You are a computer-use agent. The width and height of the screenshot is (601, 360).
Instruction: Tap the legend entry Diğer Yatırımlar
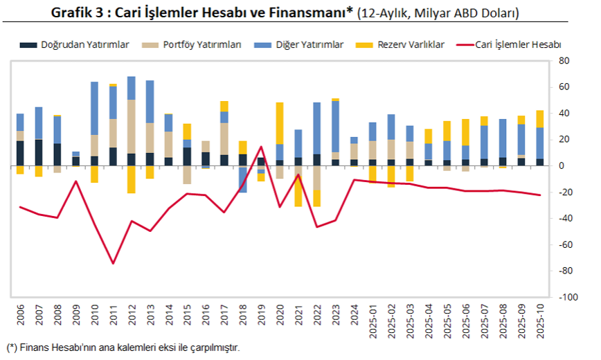(x=308, y=44)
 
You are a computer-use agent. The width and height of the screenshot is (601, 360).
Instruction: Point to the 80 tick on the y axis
(x=563, y=61)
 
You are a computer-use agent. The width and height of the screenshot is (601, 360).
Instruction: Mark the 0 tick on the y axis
(x=559, y=166)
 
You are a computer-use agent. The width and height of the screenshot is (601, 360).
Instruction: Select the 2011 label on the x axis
(x=113, y=315)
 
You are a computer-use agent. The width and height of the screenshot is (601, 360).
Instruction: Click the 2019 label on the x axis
(x=261, y=315)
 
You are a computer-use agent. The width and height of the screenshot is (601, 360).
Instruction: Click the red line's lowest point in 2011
(x=113, y=263)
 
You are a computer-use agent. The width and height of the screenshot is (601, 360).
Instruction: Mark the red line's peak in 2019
(x=261, y=146)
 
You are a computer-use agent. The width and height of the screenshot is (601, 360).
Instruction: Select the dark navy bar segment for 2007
(x=39, y=152)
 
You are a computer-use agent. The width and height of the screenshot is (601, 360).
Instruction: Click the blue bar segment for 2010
(x=94, y=108)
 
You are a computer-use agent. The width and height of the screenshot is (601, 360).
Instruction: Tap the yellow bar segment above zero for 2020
(x=280, y=123)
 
